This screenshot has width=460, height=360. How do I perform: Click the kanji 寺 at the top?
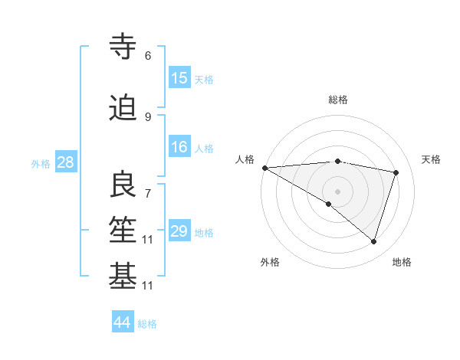123,47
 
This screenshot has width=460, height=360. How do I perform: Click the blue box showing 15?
179,78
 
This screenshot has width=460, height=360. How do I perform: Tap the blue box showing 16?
179,147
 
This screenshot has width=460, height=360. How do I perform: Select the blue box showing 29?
179,231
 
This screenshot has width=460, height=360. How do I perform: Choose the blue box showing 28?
65,162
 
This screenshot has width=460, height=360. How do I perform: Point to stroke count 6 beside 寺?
148,56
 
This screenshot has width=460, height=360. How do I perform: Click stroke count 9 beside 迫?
148,117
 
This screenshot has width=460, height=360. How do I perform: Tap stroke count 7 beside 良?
148,186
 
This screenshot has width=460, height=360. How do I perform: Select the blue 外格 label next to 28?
40,163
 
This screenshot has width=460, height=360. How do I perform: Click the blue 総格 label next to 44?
147,324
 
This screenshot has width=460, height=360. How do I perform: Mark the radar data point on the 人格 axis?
264,168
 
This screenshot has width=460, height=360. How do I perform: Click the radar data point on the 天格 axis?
396,172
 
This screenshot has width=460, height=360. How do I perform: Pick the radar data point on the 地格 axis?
373,242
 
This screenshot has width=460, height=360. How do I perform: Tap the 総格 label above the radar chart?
337,100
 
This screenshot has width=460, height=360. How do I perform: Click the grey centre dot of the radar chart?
337,190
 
